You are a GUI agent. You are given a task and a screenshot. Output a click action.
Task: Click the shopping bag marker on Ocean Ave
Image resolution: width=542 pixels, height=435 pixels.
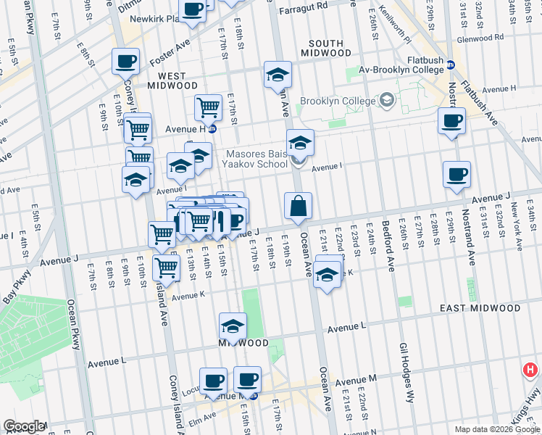point(299,207)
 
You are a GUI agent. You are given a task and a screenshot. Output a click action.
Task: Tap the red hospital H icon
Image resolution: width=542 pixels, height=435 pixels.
point(530,370)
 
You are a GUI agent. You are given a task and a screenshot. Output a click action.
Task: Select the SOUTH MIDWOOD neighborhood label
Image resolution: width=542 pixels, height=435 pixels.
point(325,48)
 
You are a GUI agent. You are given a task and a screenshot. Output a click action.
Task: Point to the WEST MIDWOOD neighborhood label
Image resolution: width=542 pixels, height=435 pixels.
point(167,80)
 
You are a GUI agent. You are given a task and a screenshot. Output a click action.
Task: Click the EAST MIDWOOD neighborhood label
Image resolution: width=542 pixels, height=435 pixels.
point(480,308)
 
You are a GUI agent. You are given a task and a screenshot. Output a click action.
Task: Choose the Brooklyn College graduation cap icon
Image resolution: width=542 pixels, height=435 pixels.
point(386,100)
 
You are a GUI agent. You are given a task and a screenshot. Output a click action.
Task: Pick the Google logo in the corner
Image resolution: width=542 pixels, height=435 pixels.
point(24,426)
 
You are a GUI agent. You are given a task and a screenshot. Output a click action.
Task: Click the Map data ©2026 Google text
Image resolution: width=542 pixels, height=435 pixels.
point(496,429)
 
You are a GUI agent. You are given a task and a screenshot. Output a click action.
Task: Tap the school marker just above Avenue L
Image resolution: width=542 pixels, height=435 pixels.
point(233,327)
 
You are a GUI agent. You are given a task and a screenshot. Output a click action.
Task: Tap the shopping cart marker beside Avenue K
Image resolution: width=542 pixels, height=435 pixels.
point(167,268)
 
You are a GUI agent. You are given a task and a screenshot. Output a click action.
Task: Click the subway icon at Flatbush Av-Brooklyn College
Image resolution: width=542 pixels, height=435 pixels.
point(450,65)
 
